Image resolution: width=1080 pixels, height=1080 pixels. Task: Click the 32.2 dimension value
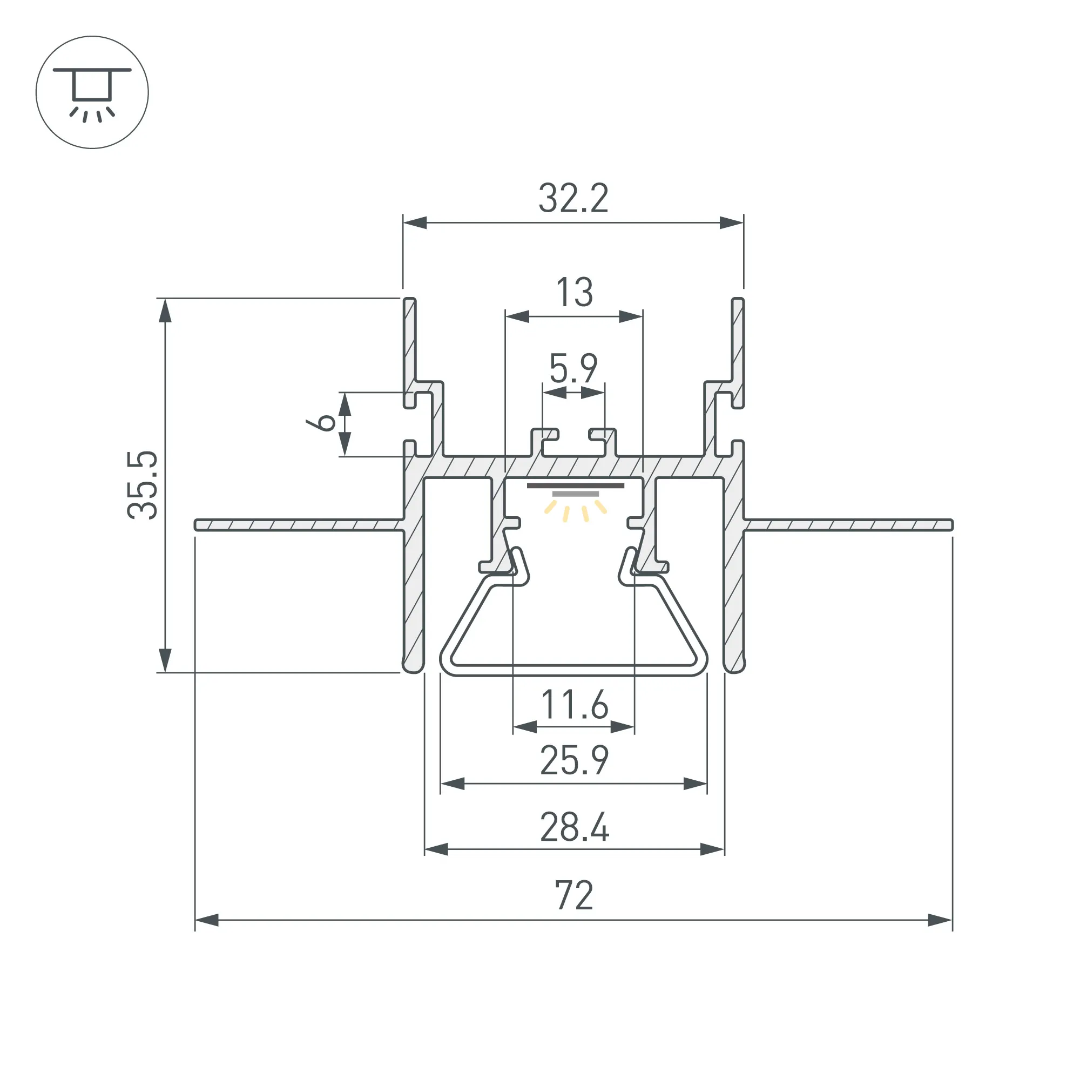click(573, 198)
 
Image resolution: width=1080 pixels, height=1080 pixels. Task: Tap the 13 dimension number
click(574, 292)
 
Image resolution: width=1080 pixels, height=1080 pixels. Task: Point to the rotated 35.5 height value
click(143, 485)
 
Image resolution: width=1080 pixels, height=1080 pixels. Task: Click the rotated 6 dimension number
click(322, 423)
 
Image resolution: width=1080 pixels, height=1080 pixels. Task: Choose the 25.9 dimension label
click(574, 761)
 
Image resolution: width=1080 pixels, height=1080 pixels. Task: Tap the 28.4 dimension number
click(574, 827)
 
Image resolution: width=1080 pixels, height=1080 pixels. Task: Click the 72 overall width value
click(574, 895)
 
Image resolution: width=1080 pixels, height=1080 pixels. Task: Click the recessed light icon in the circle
click(92, 92)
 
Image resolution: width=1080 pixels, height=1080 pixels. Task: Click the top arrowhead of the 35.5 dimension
click(165, 311)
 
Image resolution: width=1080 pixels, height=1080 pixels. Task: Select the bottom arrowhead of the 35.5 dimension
click(165, 660)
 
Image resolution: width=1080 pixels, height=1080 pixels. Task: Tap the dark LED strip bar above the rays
click(576, 485)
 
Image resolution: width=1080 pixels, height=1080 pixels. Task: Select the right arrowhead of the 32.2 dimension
click(731, 222)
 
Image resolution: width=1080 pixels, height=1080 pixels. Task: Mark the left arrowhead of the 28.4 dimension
click(436, 849)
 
